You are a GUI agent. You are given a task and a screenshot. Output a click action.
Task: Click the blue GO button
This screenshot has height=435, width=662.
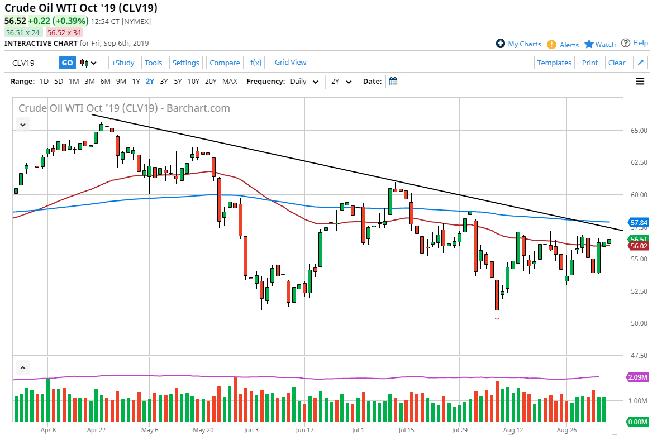pos(67,63)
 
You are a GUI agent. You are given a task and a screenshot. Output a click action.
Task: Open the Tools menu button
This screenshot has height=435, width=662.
pos(153,63)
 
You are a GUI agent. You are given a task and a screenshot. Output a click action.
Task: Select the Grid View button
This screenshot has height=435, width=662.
pos(290,62)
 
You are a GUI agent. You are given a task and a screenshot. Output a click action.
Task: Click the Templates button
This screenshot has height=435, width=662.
pos(554,63)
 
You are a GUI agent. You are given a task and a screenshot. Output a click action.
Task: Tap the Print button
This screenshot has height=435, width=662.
pos(589,63)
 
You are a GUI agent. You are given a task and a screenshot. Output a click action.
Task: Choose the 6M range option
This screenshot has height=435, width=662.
pos(105,81)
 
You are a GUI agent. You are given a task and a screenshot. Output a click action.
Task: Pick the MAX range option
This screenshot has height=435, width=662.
pos(230,81)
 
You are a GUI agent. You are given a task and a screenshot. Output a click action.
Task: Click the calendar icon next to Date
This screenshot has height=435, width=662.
pos(393,82)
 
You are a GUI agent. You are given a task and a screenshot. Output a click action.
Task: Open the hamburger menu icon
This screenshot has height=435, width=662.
pos(640,82)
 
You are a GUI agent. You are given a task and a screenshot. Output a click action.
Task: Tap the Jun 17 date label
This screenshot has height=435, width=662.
pos(304,430)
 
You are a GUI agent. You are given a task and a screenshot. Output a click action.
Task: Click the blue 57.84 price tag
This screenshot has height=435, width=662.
pos(638,222)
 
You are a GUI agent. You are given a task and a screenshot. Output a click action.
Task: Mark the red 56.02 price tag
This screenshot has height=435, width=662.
pos(638,246)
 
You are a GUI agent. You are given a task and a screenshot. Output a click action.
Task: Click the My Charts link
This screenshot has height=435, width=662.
pos(518,44)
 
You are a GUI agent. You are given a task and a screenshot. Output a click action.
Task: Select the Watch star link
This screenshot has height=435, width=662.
pos(600,44)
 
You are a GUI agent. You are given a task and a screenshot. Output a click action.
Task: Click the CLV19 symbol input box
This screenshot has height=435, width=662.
pos(34,63)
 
